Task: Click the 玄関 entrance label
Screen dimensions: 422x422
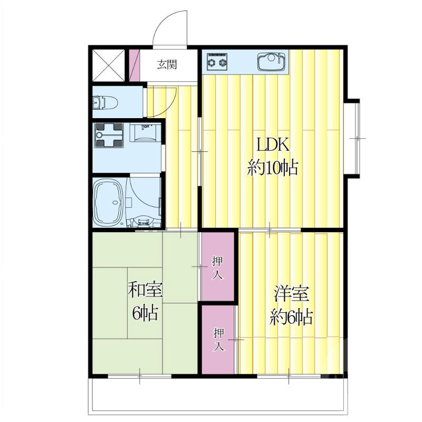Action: click(x=167, y=65)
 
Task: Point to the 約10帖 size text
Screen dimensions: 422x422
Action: click(x=273, y=168)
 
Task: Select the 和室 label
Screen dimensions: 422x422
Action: click(x=146, y=290)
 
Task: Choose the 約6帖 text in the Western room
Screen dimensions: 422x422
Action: click(x=291, y=317)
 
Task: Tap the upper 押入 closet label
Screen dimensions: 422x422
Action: click(x=217, y=268)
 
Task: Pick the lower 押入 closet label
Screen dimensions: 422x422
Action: click(x=219, y=339)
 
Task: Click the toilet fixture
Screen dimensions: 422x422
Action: click(x=105, y=102)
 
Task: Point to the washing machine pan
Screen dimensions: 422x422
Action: click(x=109, y=135)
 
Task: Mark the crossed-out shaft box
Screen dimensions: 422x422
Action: click(x=109, y=65)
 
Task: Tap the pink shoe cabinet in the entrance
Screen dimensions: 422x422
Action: click(x=135, y=65)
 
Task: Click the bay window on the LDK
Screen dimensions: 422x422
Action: click(x=352, y=138)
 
